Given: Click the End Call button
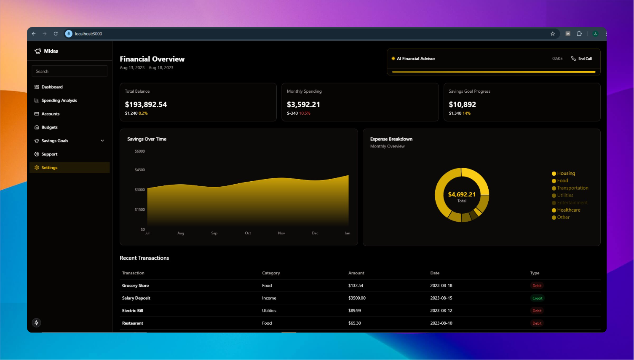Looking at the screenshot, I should (x=582, y=59).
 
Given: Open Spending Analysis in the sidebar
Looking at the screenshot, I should (x=59, y=100).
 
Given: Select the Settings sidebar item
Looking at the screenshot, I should (x=49, y=168).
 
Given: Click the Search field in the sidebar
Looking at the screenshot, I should (x=70, y=71).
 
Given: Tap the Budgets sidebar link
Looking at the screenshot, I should (x=49, y=127).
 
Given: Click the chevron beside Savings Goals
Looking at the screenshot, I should (x=102, y=141).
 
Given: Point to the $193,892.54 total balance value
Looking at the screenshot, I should (x=146, y=105).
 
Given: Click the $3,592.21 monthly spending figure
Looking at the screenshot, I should (x=303, y=105).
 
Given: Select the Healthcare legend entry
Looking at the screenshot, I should (x=568, y=210).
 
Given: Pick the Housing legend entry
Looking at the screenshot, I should (x=566, y=173).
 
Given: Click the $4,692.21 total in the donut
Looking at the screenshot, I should (x=462, y=194).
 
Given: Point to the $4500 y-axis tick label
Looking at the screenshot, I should (x=139, y=170).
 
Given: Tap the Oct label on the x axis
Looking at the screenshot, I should (x=248, y=233).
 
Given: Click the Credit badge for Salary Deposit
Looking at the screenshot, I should (x=537, y=298).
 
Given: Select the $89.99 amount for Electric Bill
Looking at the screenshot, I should (x=354, y=311).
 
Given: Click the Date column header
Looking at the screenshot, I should (x=435, y=273).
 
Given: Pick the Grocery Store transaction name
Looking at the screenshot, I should (x=135, y=286).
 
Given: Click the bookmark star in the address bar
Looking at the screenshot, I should (x=553, y=34).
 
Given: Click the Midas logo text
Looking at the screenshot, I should (x=51, y=51).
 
